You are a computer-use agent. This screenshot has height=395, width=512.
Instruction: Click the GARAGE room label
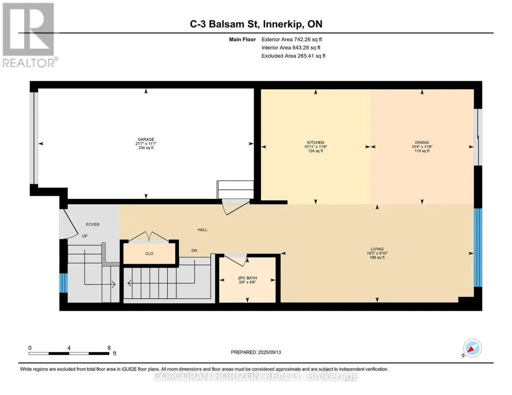(x=146, y=139)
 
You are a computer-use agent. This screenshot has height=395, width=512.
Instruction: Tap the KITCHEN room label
(x=315, y=143)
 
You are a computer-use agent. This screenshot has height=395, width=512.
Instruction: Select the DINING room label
(x=422, y=143)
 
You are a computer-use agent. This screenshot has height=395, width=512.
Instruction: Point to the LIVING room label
(x=377, y=249)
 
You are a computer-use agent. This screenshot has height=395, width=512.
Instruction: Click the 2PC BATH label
(x=247, y=278)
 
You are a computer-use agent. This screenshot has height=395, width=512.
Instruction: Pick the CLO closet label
(x=149, y=253)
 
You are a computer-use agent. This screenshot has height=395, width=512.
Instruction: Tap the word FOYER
(x=93, y=224)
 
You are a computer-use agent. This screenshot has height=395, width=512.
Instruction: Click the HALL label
(x=202, y=230)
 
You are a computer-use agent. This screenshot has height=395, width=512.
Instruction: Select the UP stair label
(x=84, y=236)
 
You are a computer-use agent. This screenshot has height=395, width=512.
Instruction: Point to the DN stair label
(x=194, y=251)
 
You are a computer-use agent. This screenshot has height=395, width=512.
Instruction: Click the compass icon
(x=472, y=348)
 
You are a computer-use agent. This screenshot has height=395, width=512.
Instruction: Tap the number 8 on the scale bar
(x=109, y=348)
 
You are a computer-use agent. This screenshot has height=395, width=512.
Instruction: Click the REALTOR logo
(x=29, y=35)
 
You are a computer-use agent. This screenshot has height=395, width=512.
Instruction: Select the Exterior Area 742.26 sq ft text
(x=292, y=39)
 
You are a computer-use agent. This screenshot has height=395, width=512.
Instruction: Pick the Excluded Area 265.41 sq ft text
(x=293, y=56)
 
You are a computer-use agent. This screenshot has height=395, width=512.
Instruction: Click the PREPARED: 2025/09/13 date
(x=256, y=352)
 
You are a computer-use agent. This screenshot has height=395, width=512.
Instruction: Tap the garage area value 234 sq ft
(x=146, y=148)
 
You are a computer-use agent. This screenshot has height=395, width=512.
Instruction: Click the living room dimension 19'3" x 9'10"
(x=377, y=253)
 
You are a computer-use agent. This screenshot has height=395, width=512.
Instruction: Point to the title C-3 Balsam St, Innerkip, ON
(x=256, y=24)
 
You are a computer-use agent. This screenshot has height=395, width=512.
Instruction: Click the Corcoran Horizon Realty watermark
(x=256, y=377)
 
